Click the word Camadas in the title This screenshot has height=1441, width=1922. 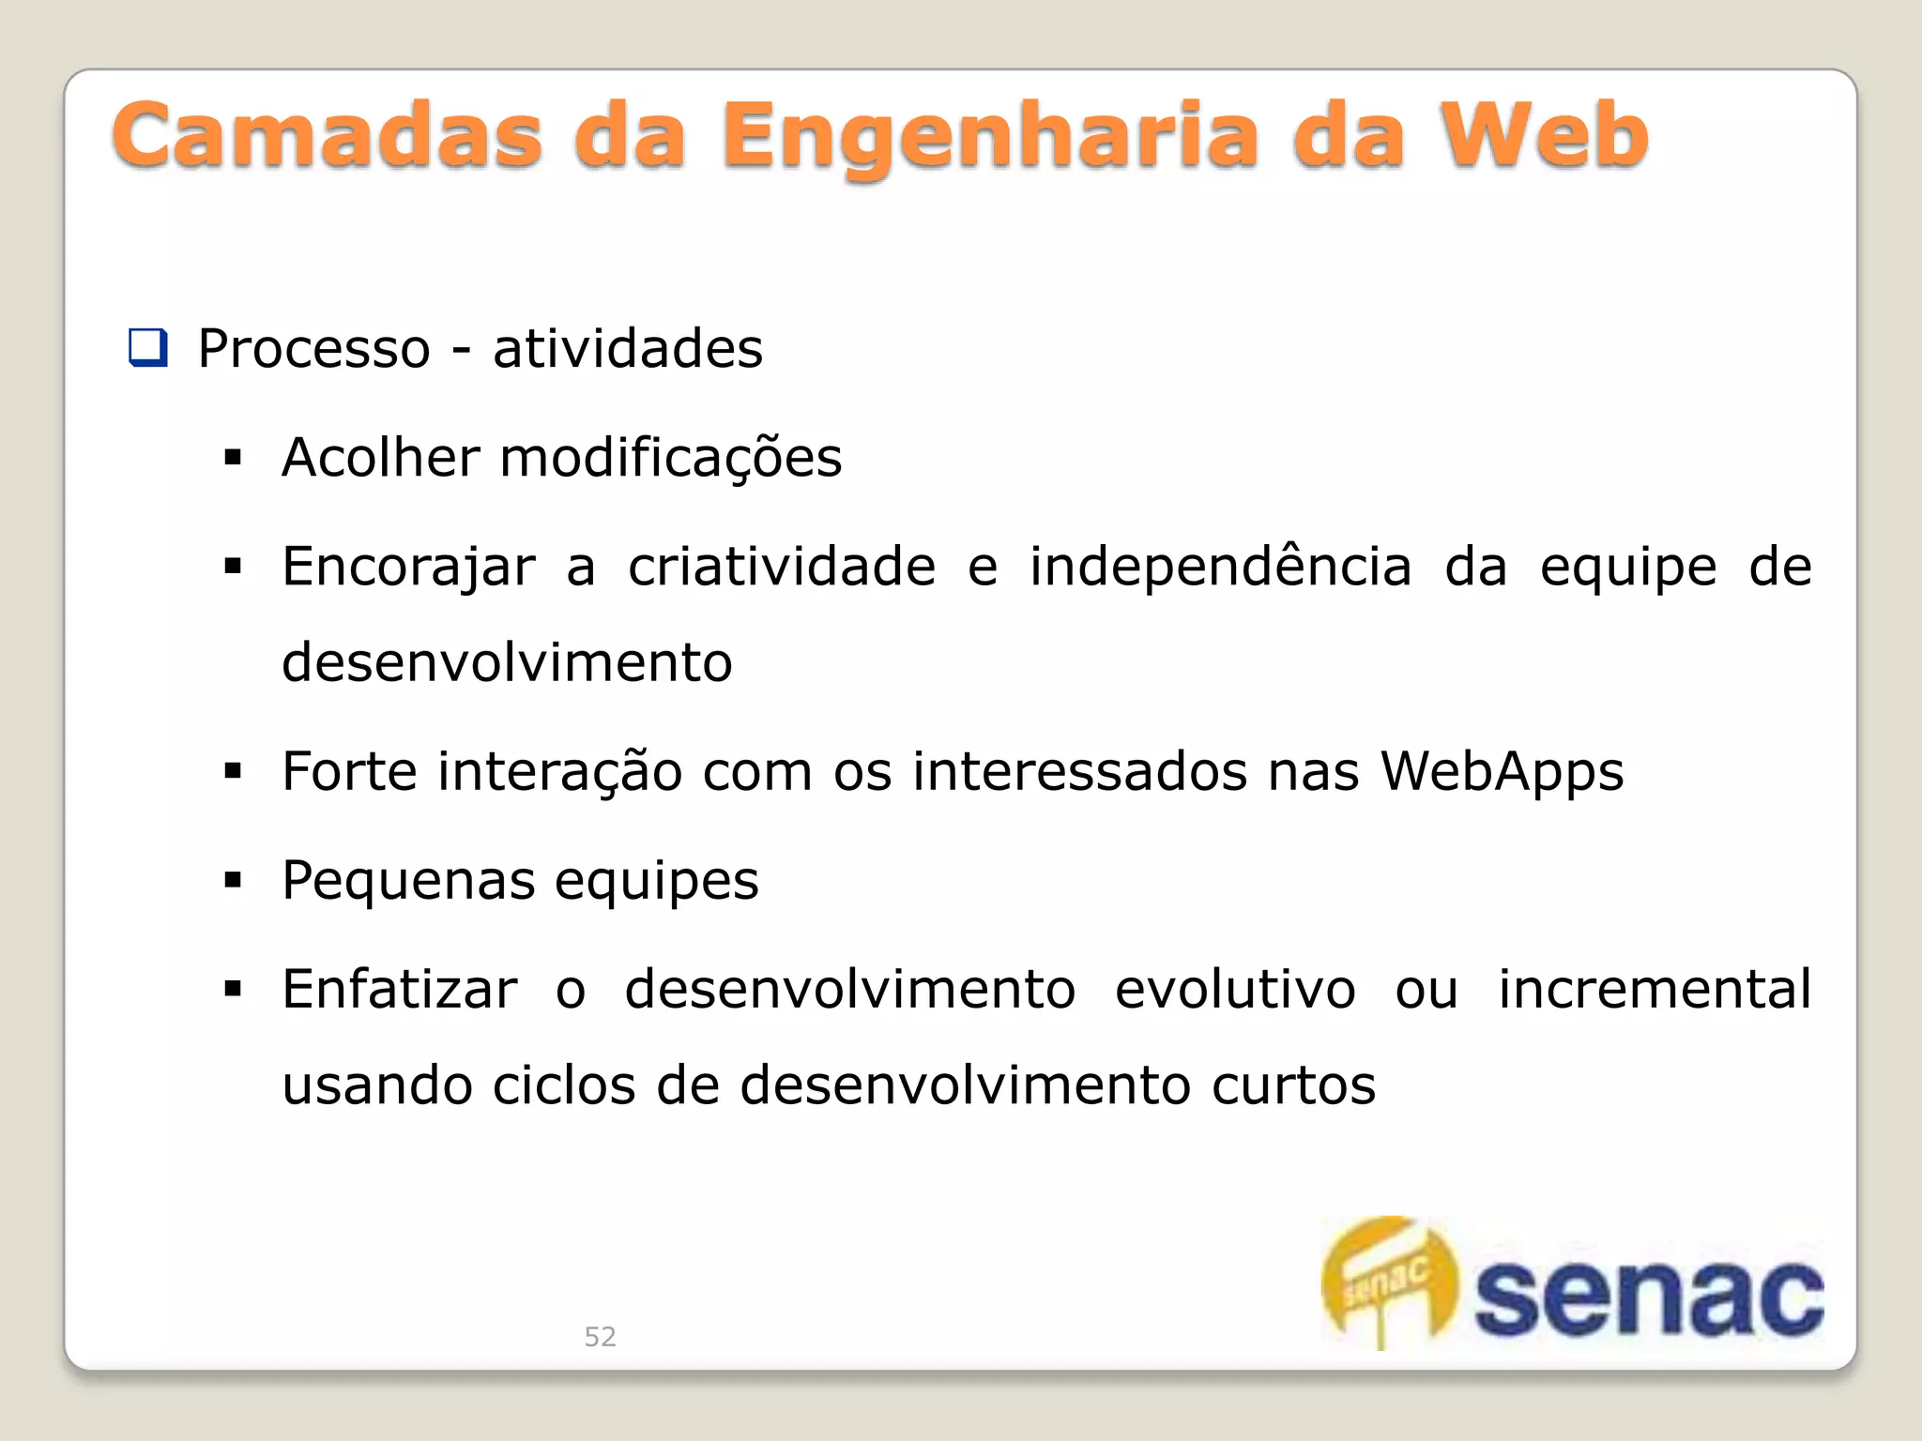pyautogui.click(x=327, y=137)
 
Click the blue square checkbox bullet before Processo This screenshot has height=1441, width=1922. pyautogui.click(x=148, y=348)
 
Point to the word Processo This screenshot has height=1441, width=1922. pyautogui.click(x=313, y=349)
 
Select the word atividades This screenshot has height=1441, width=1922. pyautogui.click(x=627, y=349)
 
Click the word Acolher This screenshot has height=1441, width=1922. pyautogui.click(x=381, y=458)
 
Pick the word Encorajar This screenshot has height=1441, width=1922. pyautogui.click(x=408, y=568)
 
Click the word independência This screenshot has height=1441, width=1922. pyautogui.click(x=1220, y=567)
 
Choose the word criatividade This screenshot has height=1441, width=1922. pyautogui.click(x=781, y=567)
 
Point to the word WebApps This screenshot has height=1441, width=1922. pyautogui.click(x=1502, y=773)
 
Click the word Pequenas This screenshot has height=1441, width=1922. pyautogui.click(x=408, y=882)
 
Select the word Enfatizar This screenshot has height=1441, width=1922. pyautogui.click(x=400, y=990)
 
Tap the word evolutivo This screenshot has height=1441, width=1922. pyautogui.click(x=1235, y=990)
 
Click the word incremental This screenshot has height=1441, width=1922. pyautogui.click(x=1654, y=990)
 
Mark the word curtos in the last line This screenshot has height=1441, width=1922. pyautogui.click(x=1293, y=1086)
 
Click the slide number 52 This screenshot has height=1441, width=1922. pyautogui.click(x=601, y=1337)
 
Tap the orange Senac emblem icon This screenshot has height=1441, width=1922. pyautogui.click(x=1387, y=1281)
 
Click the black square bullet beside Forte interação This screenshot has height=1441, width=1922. pyautogui.click(x=233, y=772)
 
